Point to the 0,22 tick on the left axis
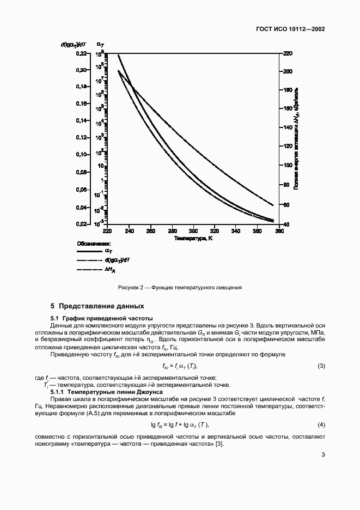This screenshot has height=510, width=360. point(80,53)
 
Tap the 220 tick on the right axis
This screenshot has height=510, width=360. point(288,53)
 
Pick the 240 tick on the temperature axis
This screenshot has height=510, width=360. point(129,231)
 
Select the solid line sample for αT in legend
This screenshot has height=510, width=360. point(90,252)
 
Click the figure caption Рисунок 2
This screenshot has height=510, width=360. point(180,287)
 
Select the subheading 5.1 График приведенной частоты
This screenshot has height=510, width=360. point(102,318)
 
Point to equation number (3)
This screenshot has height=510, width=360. point(321,366)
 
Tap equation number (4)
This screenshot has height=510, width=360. point(321,424)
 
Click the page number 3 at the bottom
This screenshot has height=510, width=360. point(323,470)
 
